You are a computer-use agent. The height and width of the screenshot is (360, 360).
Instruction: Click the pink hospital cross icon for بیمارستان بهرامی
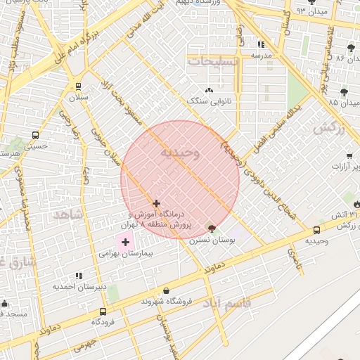[x=125, y=243]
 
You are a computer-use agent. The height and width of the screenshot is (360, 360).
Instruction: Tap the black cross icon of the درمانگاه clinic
[x=156, y=203]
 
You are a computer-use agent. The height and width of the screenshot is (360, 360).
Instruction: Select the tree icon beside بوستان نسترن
[x=212, y=229]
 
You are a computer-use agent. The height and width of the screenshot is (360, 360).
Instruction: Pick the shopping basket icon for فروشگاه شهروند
[x=166, y=290]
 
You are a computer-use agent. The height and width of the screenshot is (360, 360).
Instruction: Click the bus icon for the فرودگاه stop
[x=103, y=311]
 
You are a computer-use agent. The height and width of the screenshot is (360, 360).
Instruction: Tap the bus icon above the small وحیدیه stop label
[x=316, y=230]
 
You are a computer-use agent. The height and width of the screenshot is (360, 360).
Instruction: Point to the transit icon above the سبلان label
[x=77, y=86]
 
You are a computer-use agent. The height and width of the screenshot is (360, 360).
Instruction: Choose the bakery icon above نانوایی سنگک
[x=209, y=91]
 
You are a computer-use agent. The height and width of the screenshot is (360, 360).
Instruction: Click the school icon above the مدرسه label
[x=261, y=44]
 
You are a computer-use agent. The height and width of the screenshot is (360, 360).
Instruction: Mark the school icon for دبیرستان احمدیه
[x=79, y=276]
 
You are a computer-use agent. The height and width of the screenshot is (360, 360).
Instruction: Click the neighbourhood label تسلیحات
[x=214, y=61]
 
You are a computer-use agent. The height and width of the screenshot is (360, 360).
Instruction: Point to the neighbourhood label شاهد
[x=73, y=214]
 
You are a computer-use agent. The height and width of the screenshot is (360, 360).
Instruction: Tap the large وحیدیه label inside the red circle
[x=180, y=152]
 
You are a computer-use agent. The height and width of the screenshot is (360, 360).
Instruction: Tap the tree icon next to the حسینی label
[x=15, y=150]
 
